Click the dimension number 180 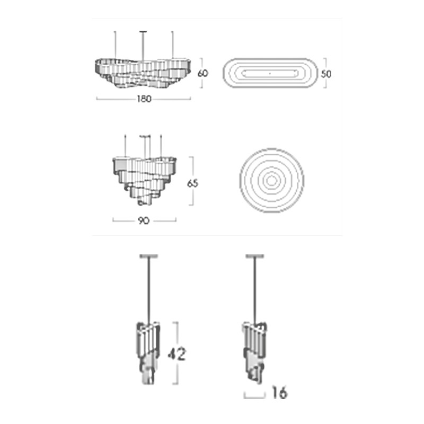pos(144,99)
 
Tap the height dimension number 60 pos(203,73)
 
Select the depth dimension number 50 pos(326,74)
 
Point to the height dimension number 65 pos(192,183)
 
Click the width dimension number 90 pos(144,220)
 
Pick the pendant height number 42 pos(177,354)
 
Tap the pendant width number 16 pos(280,393)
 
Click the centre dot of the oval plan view pos(270,73)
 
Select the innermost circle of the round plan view pos(271,181)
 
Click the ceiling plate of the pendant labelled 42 pos(148,256)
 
